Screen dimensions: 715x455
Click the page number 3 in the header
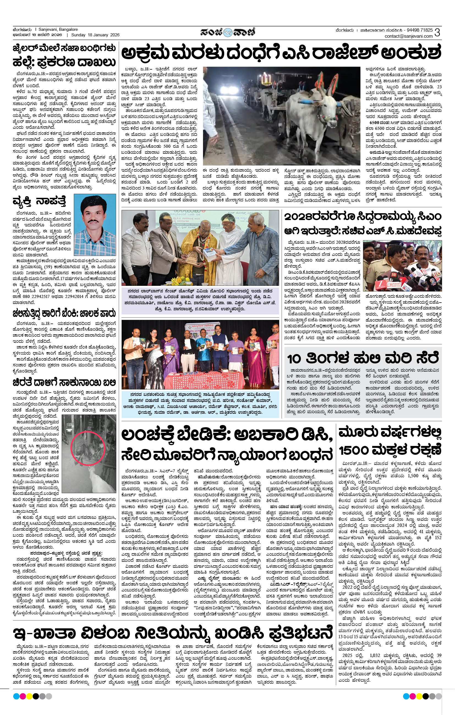pyautogui.click(x=437, y=33)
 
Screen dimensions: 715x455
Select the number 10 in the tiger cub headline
pyautogui.click(x=294, y=359)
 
